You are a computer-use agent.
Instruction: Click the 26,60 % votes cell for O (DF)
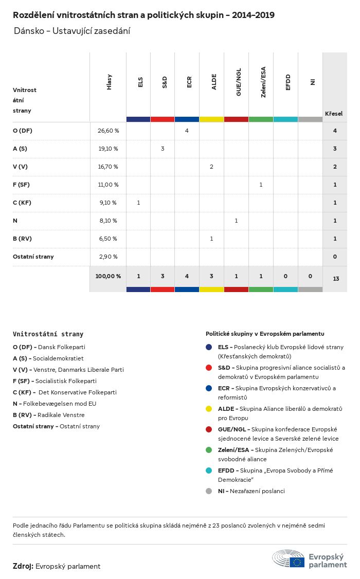click(x=108, y=131)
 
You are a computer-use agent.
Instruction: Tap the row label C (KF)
click(x=22, y=203)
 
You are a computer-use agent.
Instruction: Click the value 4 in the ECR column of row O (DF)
click(x=187, y=131)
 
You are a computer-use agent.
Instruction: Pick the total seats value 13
click(x=336, y=279)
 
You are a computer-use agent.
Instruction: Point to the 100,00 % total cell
click(x=108, y=276)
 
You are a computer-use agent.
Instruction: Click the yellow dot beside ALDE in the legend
click(x=209, y=409)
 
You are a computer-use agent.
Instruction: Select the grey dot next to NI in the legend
click(x=209, y=491)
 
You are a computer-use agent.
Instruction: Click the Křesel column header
click(x=334, y=114)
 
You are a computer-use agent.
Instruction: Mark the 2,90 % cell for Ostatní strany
click(x=107, y=257)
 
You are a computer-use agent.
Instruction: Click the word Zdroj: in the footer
click(x=23, y=566)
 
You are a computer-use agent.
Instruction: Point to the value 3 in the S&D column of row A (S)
click(x=163, y=149)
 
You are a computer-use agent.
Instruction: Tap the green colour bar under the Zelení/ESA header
click(x=261, y=119)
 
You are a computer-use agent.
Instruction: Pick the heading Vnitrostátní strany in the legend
click(x=48, y=334)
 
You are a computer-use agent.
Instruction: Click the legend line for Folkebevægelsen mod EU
click(x=55, y=404)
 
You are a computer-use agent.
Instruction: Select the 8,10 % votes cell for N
click(x=107, y=221)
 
